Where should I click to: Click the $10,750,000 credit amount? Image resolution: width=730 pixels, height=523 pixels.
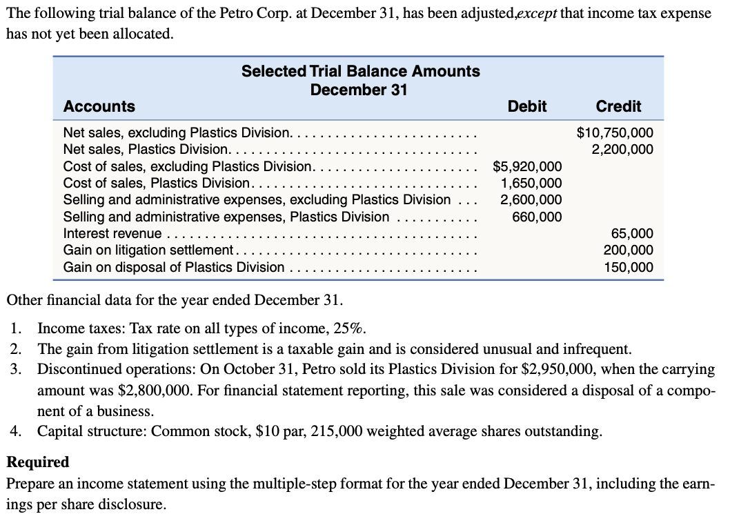614,132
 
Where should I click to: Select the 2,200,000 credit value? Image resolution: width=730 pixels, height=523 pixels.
622,149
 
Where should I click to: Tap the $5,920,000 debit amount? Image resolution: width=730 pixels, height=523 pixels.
527,166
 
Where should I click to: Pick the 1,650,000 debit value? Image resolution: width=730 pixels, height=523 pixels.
531,183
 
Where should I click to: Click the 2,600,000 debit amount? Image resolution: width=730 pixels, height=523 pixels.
531,200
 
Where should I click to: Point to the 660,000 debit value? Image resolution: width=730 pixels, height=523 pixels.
536,217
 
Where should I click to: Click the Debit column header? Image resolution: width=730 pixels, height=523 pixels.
526,106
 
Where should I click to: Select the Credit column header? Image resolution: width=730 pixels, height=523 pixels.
618,106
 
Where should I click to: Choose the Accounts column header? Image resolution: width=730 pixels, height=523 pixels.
99,106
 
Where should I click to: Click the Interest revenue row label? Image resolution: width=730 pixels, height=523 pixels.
112,234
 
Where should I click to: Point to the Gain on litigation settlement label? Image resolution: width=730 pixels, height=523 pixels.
148,250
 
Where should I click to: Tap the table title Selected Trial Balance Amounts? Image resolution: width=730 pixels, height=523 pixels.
360,71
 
